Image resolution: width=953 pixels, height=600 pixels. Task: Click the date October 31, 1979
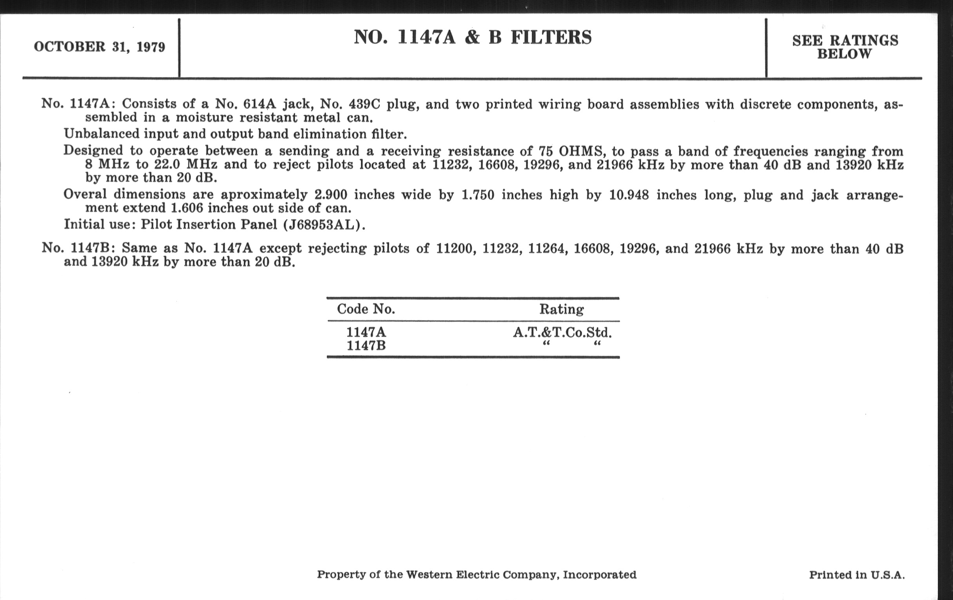pyautogui.click(x=100, y=47)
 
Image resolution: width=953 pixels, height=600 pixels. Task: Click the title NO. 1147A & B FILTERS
pyautogui.click(x=473, y=37)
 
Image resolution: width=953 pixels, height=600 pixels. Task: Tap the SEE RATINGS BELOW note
pyautogui.click(x=845, y=47)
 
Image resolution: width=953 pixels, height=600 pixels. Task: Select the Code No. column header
pyautogui.click(x=366, y=309)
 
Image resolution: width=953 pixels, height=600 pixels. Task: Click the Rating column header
pyautogui.click(x=561, y=309)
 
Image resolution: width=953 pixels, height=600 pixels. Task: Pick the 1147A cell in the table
pyautogui.click(x=366, y=332)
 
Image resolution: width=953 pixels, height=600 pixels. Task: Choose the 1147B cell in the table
pyautogui.click(x=366, y=346)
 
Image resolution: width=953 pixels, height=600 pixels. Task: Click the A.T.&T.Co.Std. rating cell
pyautogui.click(x=562, y=332)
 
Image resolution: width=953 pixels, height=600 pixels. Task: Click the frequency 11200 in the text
pyautogui.click(x=455, y=249)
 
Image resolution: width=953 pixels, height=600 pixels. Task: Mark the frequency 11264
pyautogui.click(x=548, y=249)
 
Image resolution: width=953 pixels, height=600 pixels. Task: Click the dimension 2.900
pyautogui.click(x=330, y=195)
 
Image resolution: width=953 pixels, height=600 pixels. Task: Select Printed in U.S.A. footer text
pyautogui.click(x=857, y=575)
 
